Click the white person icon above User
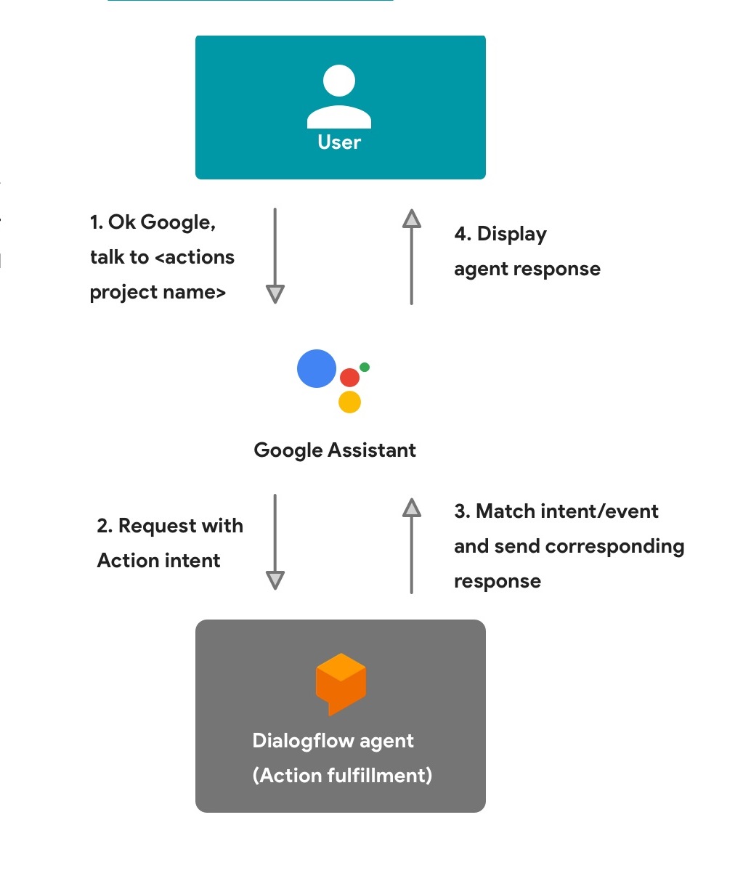click(339, 97)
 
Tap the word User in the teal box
click(339, 142)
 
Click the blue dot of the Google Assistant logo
click(317, 368)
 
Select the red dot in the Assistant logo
click(349, 378)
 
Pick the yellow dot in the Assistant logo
click(349, 402)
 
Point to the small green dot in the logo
click(365, 367)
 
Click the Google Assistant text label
click(335, 450)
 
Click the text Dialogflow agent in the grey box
click(333, 741)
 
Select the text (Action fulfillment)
click(342, 776)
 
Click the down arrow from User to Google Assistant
click(275, 256)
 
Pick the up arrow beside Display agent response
click(412, 256)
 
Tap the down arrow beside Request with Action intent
click(275, 542)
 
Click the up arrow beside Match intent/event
click(412, 545)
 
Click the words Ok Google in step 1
click(161, 222)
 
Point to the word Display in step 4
click(512, 234)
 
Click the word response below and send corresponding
click(498, 582)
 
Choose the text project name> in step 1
click(158, 292)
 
